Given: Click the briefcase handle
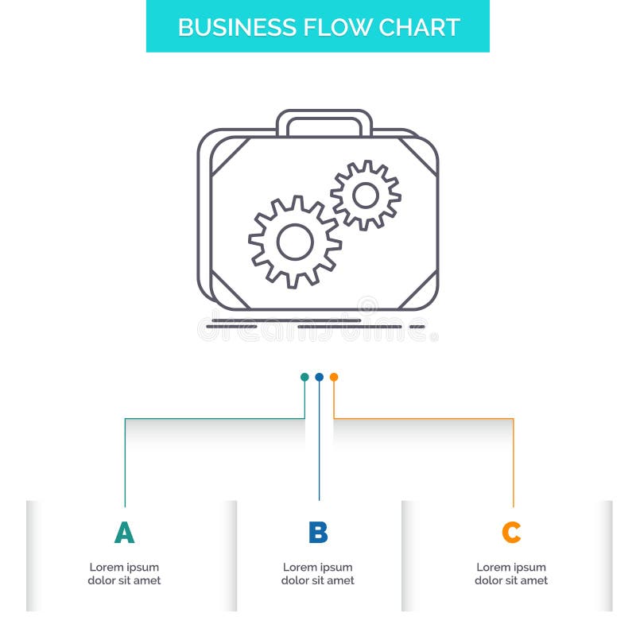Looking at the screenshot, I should tap(324, 121).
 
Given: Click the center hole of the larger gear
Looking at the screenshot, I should tap(295, 241).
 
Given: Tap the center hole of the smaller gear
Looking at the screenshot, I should tap(366, 195).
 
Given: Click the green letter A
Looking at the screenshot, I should tap(124, 533).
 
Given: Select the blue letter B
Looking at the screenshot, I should tap(318, 533).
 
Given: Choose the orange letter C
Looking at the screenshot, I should tap(511, 533).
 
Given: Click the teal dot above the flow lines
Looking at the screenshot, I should tap(304, 377).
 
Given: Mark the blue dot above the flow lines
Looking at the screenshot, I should tap(319, 377).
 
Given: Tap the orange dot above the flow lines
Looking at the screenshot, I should tap(334, 377).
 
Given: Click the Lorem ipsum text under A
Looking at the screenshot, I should tap(124, 574).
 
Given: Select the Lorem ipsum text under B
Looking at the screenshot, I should tap(318, 574).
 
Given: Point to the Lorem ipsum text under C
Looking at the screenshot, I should tap(511, 574).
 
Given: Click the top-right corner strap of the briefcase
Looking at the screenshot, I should tap(420, 155).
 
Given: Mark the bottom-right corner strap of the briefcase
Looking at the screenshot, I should tap(418, 291).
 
